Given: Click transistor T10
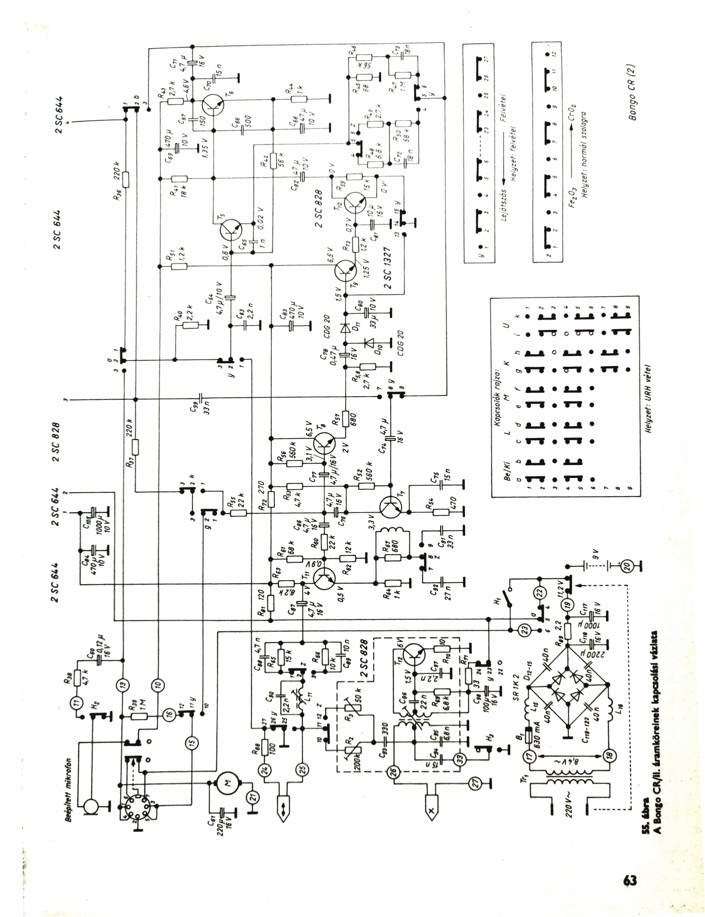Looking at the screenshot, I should pyautogui.click(x=356, y=203).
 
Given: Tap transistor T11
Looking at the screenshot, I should pyautogui.click(x=324, y=580).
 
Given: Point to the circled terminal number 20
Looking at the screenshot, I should pyautogui.click(x=627, y=565).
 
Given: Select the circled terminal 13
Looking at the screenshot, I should pyautogui.click(x=123, y=684).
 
